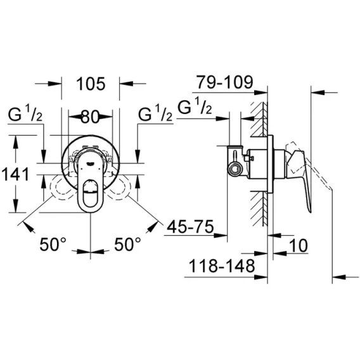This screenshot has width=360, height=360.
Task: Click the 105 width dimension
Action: click(x=91, y=84)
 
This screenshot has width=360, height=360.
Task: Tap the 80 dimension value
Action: click(x=90, y=117)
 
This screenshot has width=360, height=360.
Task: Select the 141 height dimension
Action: click(x=15, y=174)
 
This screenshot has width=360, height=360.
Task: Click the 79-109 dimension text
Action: click(x=225, y=82)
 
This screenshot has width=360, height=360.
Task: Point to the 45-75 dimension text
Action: click(x=190, y=227)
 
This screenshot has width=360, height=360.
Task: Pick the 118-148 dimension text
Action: click(x=222, y=266)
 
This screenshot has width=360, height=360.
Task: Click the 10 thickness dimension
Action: click(x=298, y=245)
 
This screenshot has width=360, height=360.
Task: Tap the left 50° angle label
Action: click(x=53, y=244)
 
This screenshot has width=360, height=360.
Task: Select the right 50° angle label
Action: click(x=127, y=244)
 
